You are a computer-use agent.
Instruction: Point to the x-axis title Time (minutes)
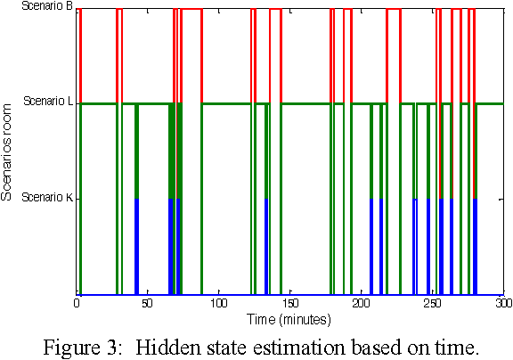point(289,318)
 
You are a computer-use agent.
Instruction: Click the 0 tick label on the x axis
point(77,304)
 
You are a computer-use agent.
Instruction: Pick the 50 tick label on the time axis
point(148,304)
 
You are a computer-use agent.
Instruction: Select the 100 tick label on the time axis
point(218,304)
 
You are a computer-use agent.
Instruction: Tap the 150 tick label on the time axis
point(289,304)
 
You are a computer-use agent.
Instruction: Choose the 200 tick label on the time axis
point(361,304)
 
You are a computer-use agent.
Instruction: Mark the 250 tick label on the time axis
point(431,304)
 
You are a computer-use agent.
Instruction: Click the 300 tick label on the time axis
point(501,304)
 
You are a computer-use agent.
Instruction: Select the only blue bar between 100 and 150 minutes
point(265,245)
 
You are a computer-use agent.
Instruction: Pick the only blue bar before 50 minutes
point(136,245)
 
